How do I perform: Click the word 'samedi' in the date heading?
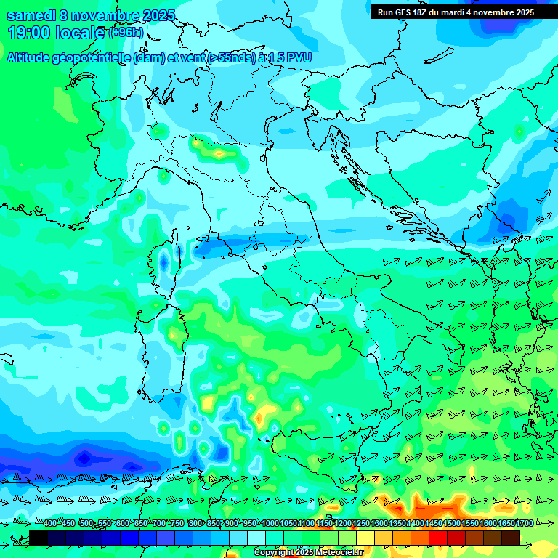click(31, 15)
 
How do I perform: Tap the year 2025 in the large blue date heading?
click(158, 15)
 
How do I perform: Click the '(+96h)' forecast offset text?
click(126, 33)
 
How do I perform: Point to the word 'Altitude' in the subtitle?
click(33, 57)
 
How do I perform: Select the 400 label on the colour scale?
click(50, 524)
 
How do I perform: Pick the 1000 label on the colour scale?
click(270, 524)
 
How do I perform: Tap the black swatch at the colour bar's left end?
click(39, 538)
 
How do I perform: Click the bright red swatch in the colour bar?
click(439, 538)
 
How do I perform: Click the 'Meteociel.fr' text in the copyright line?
click(345, 553)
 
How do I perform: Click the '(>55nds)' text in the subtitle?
click(231, 57)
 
